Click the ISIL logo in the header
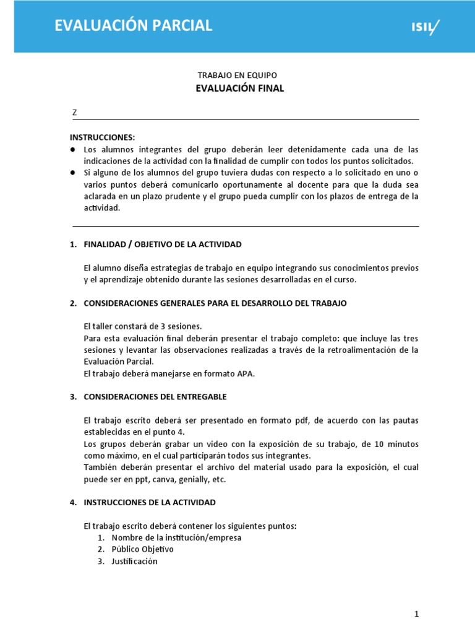427,26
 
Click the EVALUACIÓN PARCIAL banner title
134,25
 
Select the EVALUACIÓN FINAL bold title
240,89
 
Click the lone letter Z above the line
75,113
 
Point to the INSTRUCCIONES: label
102,137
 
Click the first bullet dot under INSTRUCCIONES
73,150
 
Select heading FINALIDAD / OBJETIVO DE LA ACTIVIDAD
163,245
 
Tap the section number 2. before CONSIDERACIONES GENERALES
73,303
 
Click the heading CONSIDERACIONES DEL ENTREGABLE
155,396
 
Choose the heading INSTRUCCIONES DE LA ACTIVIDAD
150,502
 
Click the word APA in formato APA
245,373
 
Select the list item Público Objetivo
142,549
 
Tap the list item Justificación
134,561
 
